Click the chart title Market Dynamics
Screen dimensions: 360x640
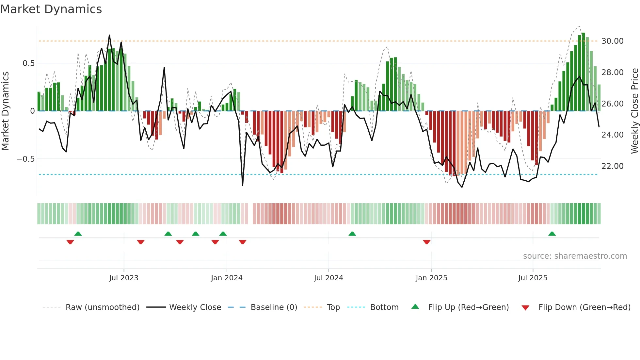(51, 9)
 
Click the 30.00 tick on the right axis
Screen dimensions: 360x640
(612, 41)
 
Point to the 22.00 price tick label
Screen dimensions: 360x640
(612, 166)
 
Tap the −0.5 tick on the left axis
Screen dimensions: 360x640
(25, 159)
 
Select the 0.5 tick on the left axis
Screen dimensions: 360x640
(28, 63)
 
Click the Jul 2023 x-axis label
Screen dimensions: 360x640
(124, 278)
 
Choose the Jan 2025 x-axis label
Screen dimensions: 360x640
(431, 278)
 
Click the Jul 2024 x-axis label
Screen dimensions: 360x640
(328, 278)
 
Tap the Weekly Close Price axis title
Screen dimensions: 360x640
(634, 111)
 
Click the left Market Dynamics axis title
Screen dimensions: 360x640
(5, 111)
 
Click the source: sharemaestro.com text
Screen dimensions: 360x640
(575, 256)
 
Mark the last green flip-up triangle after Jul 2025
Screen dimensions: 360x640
(552, 234)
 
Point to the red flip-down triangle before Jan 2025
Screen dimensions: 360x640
(426, 242)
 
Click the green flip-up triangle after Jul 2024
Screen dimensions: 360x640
(352, 234)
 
